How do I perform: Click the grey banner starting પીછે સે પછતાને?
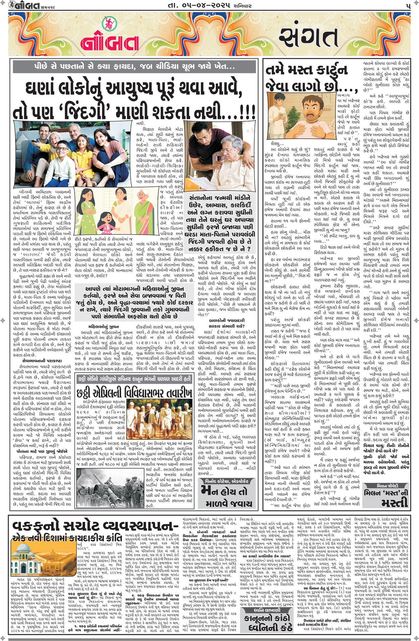pyautogui.click(x=134, y=66)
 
